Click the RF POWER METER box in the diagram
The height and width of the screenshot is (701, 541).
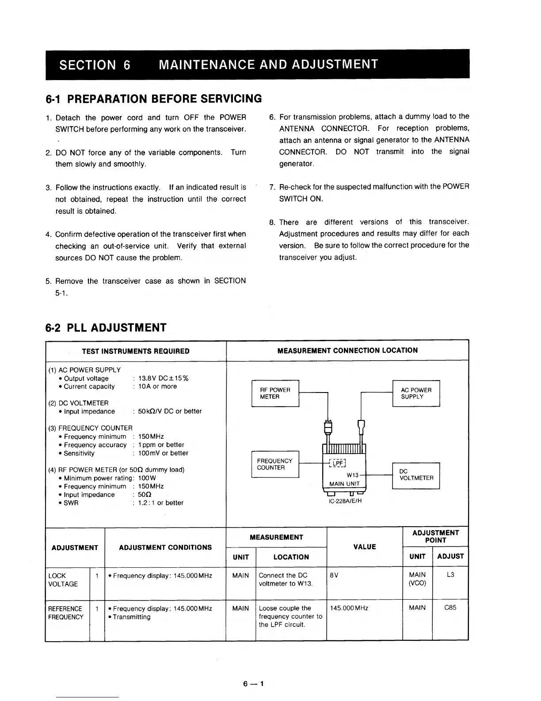click(x=275, y=393)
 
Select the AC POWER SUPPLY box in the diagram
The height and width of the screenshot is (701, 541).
click(x=416, y=393)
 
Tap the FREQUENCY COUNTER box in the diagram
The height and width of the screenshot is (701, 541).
click(x=275, y=464)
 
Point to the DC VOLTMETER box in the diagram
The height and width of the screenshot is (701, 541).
click(x=416, y=475)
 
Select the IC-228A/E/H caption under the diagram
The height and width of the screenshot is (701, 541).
click(x=345, y=501)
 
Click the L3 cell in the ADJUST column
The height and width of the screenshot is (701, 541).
click(x=450, y=575)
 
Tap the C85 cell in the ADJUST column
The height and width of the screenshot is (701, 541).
click(x=450, y=608)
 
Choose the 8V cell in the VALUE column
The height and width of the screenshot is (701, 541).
click(x=334, y=575)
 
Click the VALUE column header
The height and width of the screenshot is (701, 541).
click(x=365, y=547)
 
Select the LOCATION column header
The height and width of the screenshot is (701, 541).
click(x=291, y=557)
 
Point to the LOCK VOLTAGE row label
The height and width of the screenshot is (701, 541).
click(x=63, y=580)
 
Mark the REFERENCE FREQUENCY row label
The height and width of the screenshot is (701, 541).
click(x=65, y=613)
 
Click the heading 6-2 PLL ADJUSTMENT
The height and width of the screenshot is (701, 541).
click(x=106, y=328)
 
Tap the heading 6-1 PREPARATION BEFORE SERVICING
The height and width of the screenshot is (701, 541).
click(x=154, y=99)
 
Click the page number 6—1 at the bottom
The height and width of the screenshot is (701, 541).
click(x=253, y=684)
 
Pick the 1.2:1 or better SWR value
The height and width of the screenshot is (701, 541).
click(x=160, y=503)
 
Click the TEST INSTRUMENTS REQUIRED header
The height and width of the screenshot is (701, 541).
click(x=136, y=351)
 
